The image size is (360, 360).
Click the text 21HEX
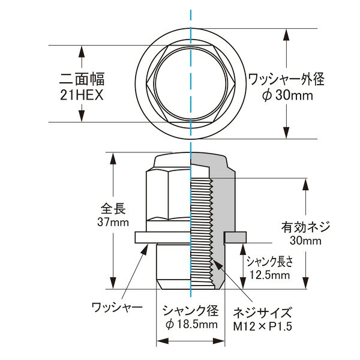82,95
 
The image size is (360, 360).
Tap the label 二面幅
82,79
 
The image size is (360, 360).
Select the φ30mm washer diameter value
287,95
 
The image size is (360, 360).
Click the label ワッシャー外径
286,79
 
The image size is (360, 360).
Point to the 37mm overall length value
113,222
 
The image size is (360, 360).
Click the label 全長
113,209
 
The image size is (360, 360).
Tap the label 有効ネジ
305,227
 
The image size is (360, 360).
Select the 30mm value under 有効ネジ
305,241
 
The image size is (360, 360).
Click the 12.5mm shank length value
269,275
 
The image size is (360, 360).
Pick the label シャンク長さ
270,262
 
